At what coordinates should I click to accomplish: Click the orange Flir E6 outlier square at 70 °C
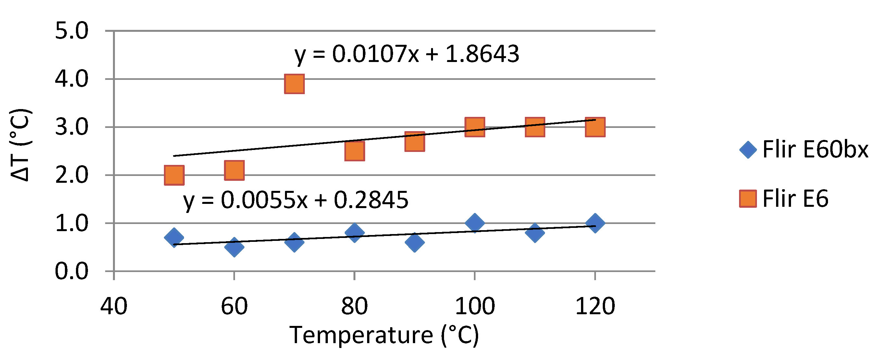pyautogui.click(x=294, y=84)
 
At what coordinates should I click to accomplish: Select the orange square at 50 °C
pyautogui.click(x=174, y=175)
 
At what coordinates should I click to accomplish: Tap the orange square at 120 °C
pyautogui.click(x=595, y=127)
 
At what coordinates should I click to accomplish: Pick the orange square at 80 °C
pyautogui.click(x=354, y=151)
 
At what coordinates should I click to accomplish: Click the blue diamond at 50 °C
pyautogui.click(x=174, y=238)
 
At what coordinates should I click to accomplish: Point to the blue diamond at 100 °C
pyautogui.click(x=475, y=223)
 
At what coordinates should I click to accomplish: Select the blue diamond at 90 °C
pyautogui.click(x=414, y=242)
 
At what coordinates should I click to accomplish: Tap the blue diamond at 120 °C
pyautogui.click(x=595, y=223)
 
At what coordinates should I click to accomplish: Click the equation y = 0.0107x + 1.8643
pyautogui.click(x=407, y=55)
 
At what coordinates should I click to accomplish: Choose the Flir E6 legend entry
pyautogui.click(x=784, y=199)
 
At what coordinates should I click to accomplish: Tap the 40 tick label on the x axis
pyautogui.click(x=114, y=306)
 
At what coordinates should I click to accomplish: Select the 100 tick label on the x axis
pyautogui.click(x=475, y=306)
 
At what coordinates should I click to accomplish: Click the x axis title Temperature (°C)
pyautogui.click(x=384, y=335)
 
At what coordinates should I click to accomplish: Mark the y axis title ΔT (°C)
pyautogui.click(x=20, y=145)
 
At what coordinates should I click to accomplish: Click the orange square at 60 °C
pyautogui.click(x=234, y=170)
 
